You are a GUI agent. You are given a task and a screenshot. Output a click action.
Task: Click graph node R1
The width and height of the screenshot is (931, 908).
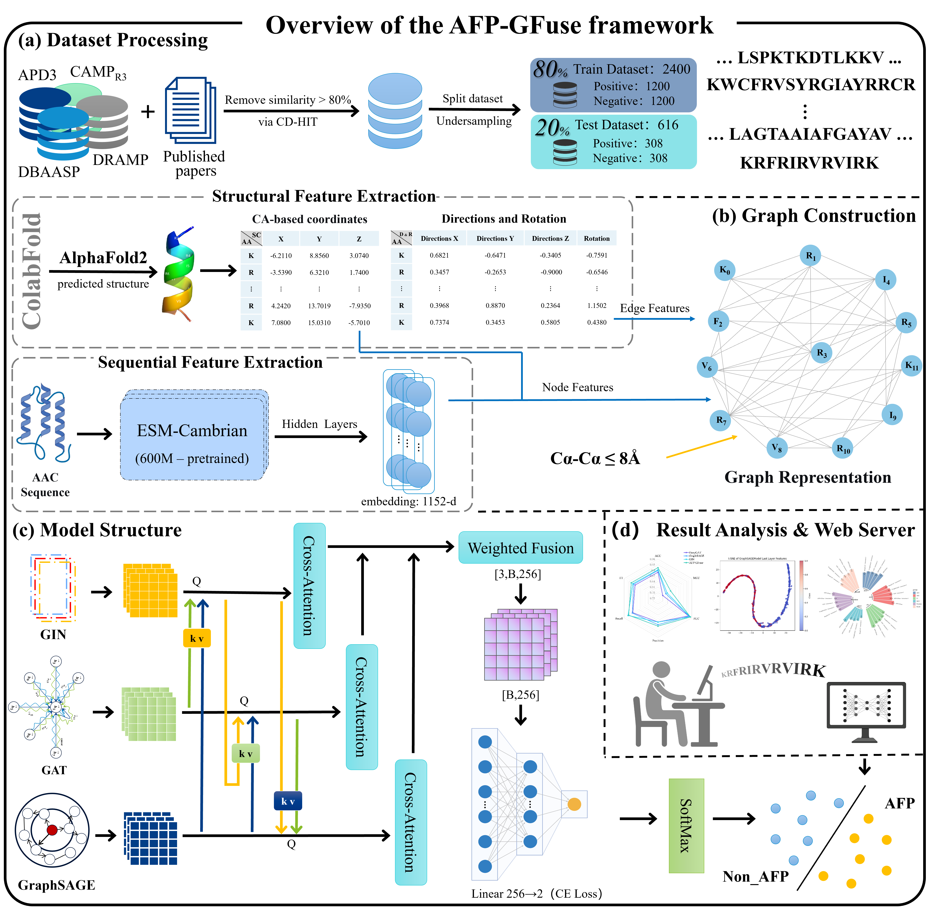[810, 256]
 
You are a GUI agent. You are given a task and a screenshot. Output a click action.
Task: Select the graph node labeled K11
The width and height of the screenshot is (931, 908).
[911, 366]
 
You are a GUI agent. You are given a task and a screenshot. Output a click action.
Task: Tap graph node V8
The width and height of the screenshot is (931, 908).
[776, 448]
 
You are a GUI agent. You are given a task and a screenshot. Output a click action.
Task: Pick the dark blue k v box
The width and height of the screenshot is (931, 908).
[287, 801]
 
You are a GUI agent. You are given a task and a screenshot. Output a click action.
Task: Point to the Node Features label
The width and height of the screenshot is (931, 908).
[577, 387]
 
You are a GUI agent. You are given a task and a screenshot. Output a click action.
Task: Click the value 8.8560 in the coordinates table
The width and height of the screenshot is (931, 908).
[319, 256]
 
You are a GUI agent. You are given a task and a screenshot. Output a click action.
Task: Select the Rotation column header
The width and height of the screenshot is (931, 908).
[596, 239]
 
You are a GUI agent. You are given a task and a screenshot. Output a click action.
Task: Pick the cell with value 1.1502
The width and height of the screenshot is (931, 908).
[596, 306]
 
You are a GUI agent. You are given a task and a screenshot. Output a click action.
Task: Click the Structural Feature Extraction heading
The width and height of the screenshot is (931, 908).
[323, 196]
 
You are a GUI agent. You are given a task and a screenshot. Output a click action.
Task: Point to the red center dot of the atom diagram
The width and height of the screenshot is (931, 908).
[52, 830]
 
